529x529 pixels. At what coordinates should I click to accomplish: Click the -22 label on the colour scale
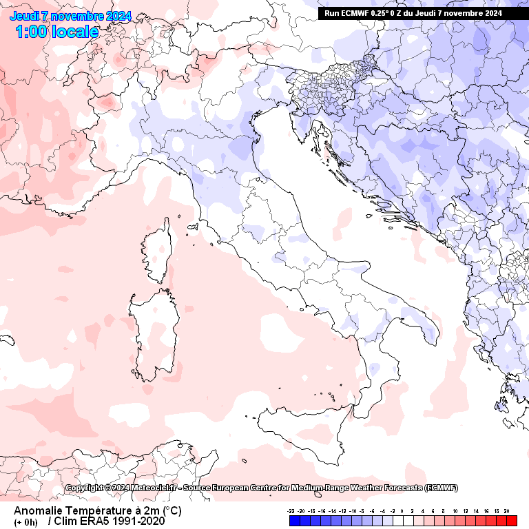[x=292, y=511]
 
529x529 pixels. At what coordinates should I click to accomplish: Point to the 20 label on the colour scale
[x=506, y=511]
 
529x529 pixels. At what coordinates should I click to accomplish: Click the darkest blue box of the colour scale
[x=294, y=521]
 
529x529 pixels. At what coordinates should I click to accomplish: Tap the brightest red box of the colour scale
[x=510, y=521]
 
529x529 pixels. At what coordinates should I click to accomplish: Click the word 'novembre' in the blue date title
[x=76, y=16]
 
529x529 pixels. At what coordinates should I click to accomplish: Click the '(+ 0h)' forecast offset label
[x=25, y=522]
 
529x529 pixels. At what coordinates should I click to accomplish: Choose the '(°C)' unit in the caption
[x=172, y=511]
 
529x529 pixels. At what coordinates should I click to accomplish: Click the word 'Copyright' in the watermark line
[x=86, y=488]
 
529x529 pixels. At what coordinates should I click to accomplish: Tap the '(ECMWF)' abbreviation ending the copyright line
[x=435, y=488]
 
